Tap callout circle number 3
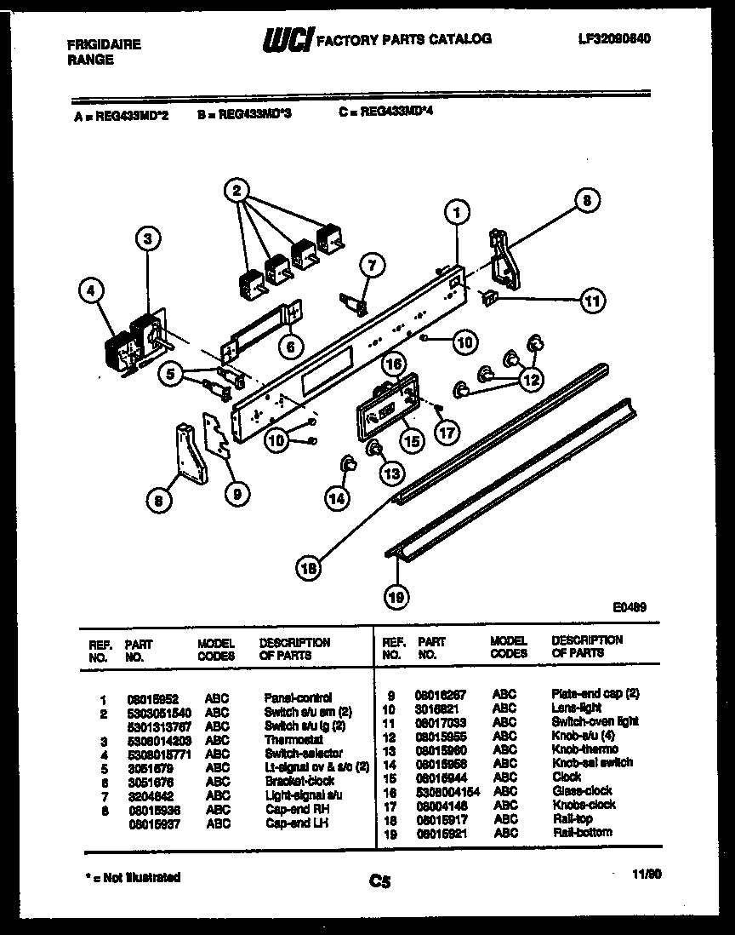coord(148,241)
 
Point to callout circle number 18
coord(310,566)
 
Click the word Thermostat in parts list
coord(293,740)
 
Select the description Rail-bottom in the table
coord(581,832)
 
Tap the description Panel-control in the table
coord(298,697)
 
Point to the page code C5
coord(379,882)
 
